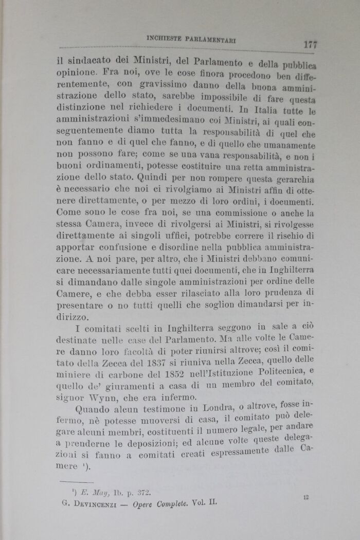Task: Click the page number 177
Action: pos(310,44)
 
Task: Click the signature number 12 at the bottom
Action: pos(305,497)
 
